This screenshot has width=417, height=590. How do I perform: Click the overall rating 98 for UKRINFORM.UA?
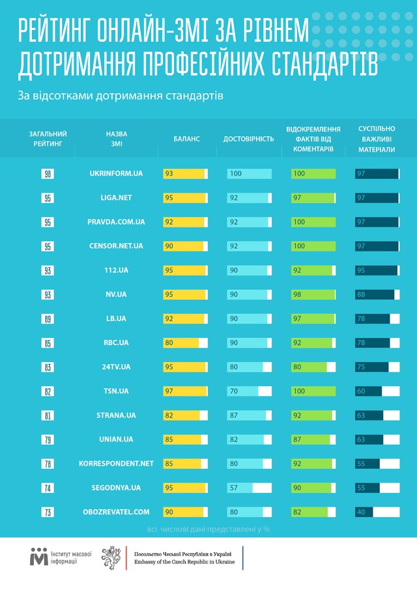(48, 174)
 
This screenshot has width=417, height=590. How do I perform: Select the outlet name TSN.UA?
(116, 391)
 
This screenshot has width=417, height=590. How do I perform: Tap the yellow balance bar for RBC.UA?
(181, 343)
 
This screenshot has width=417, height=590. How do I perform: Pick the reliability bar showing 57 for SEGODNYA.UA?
(240, 487)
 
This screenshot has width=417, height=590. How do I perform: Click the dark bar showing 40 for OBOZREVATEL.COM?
(364, 511)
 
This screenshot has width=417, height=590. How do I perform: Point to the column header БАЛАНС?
(186, 139)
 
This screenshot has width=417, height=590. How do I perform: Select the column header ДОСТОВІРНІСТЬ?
(249, 139)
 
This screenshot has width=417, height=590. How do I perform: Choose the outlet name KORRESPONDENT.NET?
(116, 463)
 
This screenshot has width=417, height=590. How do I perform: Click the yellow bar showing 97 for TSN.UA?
(184, 391)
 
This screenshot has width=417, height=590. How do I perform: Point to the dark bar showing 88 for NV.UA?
(375, 294)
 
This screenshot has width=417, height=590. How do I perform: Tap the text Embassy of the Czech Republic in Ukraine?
(184, 561)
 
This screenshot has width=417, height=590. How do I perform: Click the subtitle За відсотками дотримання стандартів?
(121, 96)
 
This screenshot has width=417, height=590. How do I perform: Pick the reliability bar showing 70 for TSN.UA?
(243, 391)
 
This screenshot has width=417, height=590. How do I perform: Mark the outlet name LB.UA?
(116, 318)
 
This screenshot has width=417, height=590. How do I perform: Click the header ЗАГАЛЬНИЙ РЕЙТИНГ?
(48, 139)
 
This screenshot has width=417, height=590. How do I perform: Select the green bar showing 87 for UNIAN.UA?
(310, 439)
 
